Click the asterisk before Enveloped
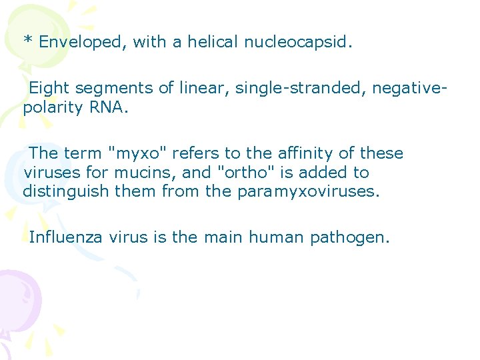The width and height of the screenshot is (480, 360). point(28,41)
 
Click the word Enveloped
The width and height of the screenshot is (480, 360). point(83,43)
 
